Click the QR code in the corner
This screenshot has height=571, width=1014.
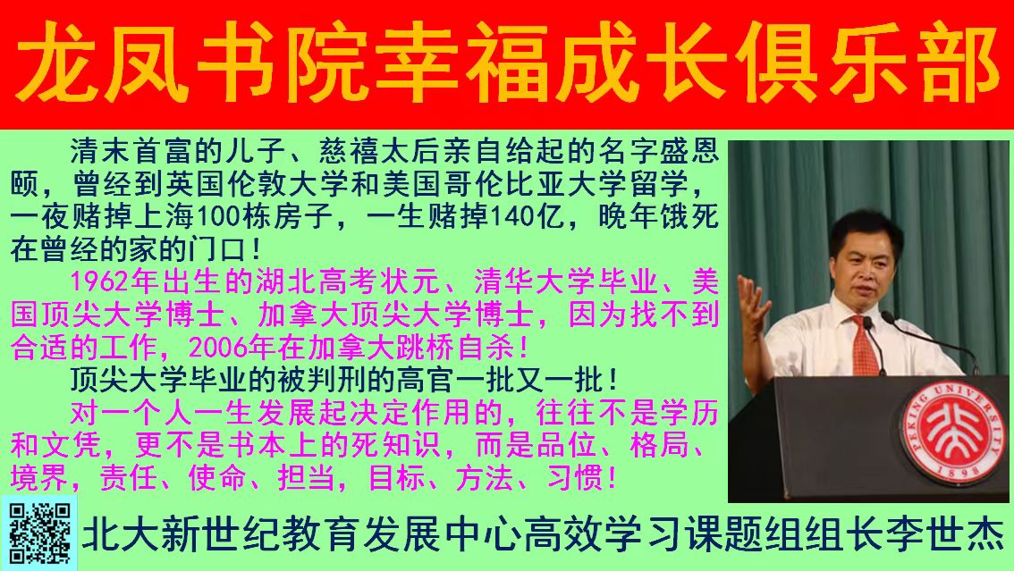39,533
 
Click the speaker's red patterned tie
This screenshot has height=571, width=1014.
866,346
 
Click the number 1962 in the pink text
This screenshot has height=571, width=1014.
99,282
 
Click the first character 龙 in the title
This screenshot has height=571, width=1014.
56,63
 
